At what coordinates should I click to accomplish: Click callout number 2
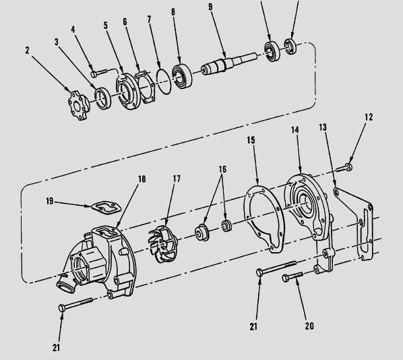coord(27,51)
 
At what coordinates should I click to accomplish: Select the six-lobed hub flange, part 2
coord(79,105)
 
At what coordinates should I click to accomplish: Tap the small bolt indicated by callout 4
coord(99,73)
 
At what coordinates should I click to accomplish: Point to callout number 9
coord(210,7)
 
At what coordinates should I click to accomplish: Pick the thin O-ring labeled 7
coord(164,82)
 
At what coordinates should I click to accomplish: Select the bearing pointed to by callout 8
coord(182,75)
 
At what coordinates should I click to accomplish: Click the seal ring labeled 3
coord(103,98)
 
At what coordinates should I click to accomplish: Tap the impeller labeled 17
coord(163,244)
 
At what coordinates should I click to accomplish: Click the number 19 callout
coord(50,201)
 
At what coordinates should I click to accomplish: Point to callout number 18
coord(142,179)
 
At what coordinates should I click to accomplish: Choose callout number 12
coord(369,117)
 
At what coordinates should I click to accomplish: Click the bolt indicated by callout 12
coord(344,168)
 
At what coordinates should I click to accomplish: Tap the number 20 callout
coord(309,326)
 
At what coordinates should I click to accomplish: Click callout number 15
coord(251,140)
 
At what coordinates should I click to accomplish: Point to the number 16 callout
coord(222,169)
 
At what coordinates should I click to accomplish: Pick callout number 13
coord(323,127)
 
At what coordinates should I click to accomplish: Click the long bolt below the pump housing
coord(75,305)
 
